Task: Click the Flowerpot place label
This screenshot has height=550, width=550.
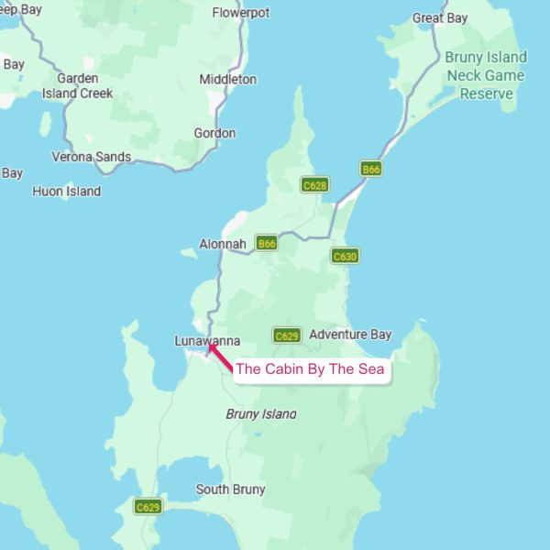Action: pyautogui.click(x=241, y=13)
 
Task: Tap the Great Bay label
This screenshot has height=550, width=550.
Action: pyautogui.click(x=440, y=18)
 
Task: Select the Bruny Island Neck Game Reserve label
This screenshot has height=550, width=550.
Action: pyautogui.click(x=486, y=75)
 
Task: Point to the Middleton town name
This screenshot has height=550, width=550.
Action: pyautogui.click(x=228, y=79)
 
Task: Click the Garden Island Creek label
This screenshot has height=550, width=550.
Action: pyautogui.click(x=77, y=85)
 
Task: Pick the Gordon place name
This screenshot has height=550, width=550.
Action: pyautogui.click(x=214, y=133)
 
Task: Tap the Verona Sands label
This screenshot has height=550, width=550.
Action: pyautogui.click(x=91, y=157)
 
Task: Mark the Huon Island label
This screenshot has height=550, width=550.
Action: pyautogui.click(x=66, y=192)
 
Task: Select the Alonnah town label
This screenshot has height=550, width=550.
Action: pyautogui.click(x=223, y=244)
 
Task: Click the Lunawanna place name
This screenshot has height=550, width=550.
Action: pyautogui.click(x=207, y=341)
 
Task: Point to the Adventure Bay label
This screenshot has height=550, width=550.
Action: pyautogui.click(x=350, y=335)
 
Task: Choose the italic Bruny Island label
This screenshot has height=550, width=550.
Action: pyautogui.click(x=261, y=414)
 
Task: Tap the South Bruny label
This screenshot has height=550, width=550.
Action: pyautogui.click(x=230, y=489)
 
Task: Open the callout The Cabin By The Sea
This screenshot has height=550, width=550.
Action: pyautogui.click(x=310, y=370)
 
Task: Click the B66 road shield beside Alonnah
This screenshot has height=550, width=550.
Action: pyautogui.click(x=267, y=244)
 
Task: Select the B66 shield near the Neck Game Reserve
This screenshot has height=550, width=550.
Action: pyautogui.click(x=370, y=170)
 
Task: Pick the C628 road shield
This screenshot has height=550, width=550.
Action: pyautogui.click(x=314, y=185)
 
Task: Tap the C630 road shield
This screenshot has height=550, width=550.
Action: pyautogui.click(x=345, y=257)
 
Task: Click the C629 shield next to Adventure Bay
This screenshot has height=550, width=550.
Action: pyautogui.click(x=287, y=335)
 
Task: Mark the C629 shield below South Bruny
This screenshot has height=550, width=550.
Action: pyautogui.click(x=148, y=507)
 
